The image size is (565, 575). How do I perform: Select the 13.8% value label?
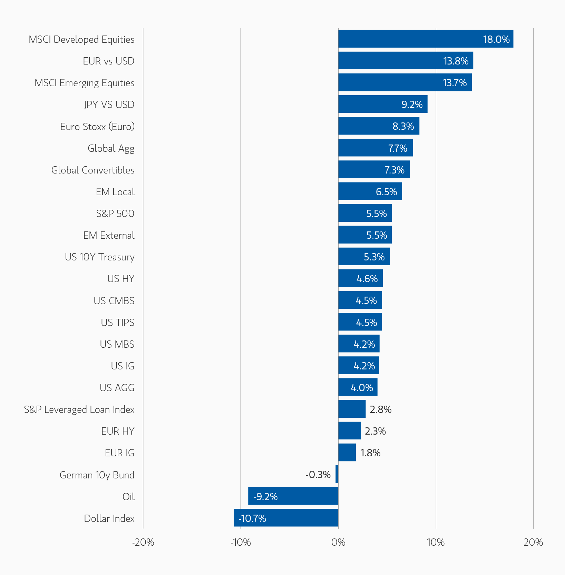(456, 61)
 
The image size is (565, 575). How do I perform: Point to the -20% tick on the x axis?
(143, 543)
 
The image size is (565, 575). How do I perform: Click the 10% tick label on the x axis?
(436, 543)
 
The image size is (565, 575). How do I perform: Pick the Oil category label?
(128, 497)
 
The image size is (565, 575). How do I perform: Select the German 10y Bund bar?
(337, 474)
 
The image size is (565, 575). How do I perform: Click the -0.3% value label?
(318, 475)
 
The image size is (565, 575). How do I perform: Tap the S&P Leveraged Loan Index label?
(79, 409)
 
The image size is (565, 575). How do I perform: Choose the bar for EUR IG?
(347, 453)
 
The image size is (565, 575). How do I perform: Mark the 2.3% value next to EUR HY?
(375, 431)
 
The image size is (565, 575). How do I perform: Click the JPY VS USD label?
(109, 105)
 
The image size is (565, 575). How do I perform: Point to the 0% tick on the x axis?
(338, 543)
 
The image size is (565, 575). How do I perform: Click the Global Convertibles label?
(93, 170)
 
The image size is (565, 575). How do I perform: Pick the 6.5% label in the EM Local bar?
(386, 192)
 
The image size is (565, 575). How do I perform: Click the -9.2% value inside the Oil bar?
(265, 497)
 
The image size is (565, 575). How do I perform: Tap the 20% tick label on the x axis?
(533, 543)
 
